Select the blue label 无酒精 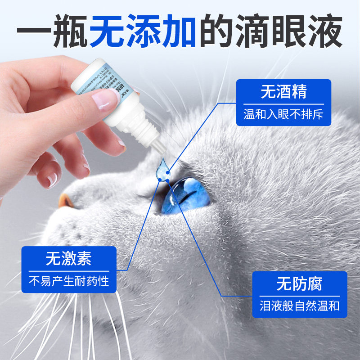[283, 92]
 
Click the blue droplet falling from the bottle [162, 168]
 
